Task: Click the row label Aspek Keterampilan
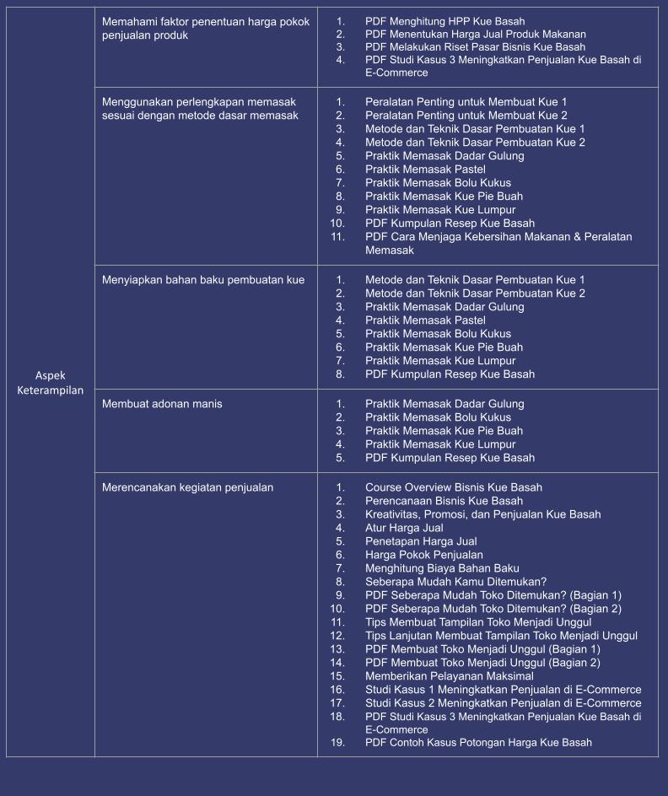point(51,383)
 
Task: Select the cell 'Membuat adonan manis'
point(162,404)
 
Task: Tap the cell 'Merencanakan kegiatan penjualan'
point(187,487)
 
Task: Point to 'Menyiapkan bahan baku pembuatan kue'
point(203,280)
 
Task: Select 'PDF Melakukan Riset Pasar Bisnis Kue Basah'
point(475,46)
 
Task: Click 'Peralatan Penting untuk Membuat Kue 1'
point(466,101)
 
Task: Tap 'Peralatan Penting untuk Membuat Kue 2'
point(466,115)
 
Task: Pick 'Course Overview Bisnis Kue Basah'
point(453,487)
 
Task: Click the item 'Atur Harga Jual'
point(404,528)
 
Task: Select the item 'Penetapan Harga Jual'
point(421,541)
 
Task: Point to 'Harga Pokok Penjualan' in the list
point(423,555)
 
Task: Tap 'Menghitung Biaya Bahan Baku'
point(442,568)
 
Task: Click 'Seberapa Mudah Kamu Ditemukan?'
point(455,582)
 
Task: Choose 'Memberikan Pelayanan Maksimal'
point(449,676)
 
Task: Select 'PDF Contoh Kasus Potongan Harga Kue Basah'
point(478,743)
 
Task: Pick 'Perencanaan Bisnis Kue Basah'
point(444,501)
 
